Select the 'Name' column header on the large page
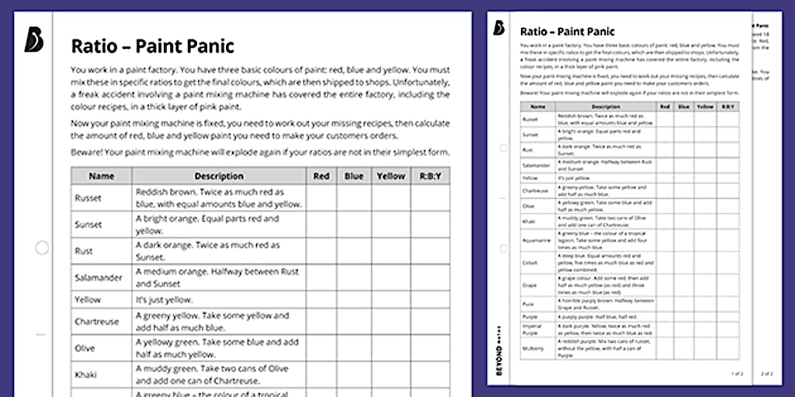101,176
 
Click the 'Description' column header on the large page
218,176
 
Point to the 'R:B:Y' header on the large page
430,176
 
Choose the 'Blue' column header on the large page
353,176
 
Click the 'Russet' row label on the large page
88,198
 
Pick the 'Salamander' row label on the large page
98,277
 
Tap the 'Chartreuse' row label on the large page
97,321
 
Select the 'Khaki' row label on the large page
86,374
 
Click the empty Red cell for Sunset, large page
321,224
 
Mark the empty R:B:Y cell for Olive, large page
430,348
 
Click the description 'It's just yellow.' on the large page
164,300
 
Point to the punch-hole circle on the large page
42,248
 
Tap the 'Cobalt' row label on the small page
529,262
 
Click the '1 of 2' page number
737,374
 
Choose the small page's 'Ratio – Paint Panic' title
567,32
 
